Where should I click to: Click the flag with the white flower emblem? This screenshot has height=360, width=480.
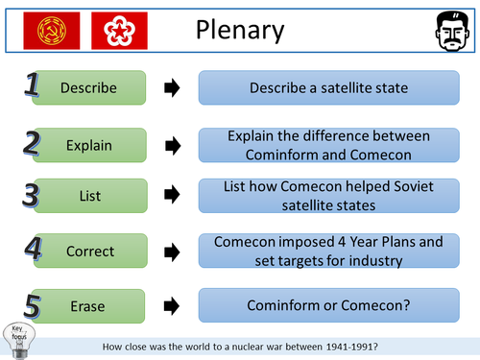pos(118,31)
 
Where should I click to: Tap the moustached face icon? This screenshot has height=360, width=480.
pos(444,31)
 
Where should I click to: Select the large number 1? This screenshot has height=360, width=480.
pos(31,87)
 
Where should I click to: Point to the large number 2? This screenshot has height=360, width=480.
pos(31,143)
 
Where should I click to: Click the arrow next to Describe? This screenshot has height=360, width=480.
pos(173,89)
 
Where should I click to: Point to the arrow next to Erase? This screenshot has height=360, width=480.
pos(173,305)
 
